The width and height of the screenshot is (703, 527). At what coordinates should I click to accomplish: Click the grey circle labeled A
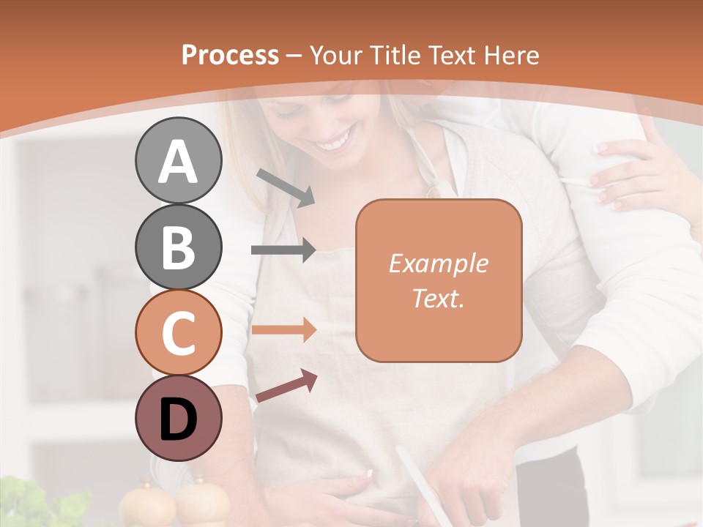pyautogui.click(x=178, y=161)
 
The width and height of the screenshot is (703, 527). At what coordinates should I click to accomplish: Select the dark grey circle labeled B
pyautogui.click(x=178, y=247)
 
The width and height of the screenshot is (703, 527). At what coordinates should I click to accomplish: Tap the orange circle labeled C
pyautogui.click(x=178, y=333)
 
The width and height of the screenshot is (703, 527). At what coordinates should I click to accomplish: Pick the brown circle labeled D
pyautogui.click(x=178, y=418)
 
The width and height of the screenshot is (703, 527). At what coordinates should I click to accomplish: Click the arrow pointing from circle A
pyautogui.click(x=286, y=187)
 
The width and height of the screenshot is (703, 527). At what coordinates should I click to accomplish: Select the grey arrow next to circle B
pyautogui.click(x=283, y=250)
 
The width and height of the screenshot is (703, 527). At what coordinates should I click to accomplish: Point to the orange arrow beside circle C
pyautogui.click(x=283, y=330)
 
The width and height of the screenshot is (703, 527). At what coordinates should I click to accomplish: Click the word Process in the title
pyautogui.click(x=230, y=55)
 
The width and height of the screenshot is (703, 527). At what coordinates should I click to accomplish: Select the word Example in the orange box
pyautogui.click(x=438, y=263)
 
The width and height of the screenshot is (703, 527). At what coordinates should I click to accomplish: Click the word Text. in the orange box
pyautogui.click(x=438, y=298)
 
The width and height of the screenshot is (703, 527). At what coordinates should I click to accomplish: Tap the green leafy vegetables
pyautogui.click(x=44, y=505)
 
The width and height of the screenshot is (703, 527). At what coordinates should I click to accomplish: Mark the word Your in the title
pyautogui.click(x=335, y=55)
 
